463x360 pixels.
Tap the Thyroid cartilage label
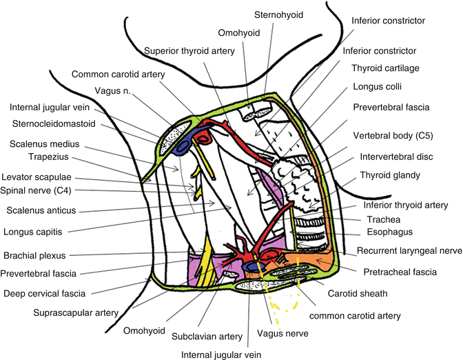pos(385,69)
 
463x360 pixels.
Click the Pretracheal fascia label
pos(402,272)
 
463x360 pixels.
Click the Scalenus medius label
pos(45,144)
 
